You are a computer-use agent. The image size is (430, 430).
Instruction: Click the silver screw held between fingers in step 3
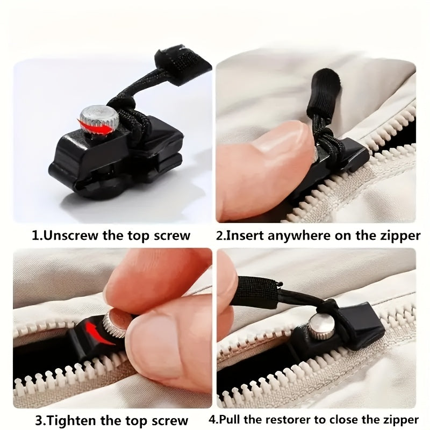pos(114,322)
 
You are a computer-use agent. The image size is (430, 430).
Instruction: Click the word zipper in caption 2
pos(401,235)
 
